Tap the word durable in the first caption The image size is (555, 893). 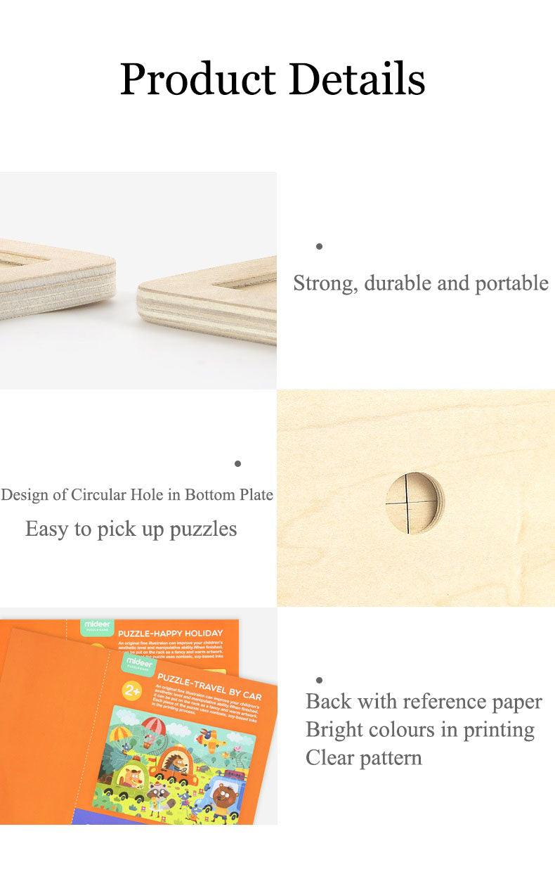click(397, 283)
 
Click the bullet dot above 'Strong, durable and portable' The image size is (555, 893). click(319, 246)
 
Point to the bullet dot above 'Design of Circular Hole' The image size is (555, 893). click(237, 463)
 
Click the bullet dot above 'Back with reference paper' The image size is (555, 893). click(319, 680)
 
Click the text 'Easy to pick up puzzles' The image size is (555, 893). click(131, 529)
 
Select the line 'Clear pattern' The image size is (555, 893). click(363, 758)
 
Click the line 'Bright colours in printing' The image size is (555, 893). click(419, 730)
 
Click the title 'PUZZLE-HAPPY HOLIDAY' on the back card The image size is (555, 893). click(170, 634)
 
